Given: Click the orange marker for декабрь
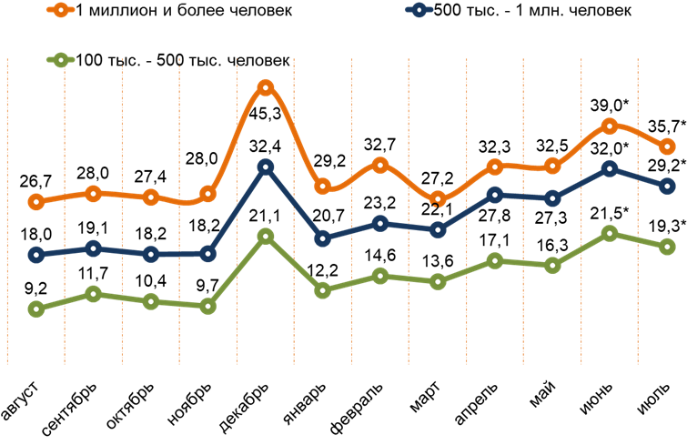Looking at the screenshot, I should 265,88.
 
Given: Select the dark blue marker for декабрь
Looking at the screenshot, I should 265,167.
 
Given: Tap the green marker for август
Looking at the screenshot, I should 35,309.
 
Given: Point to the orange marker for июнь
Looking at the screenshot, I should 609,126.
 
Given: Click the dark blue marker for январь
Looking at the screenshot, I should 322,239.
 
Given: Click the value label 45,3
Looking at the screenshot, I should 265,113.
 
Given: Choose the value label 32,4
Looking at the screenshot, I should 265,143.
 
